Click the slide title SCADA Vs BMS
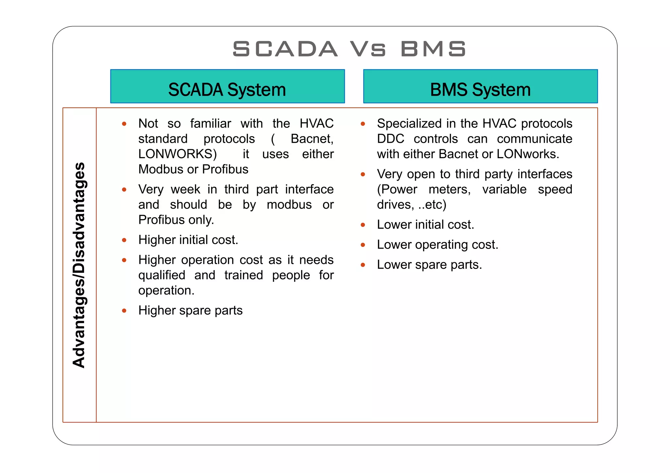(349, 49)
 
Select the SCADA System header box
(227, 87)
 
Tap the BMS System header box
(480, 87)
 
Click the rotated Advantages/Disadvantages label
(79, 265)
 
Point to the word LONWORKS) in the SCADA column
(177, 154)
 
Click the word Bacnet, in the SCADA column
(312, 139)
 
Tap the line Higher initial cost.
(188, 240)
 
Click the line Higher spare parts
(190, 311)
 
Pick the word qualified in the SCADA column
(162, 275)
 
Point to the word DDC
(390, 139)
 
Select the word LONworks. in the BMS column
(528, 154)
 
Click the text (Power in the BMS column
(397, 189)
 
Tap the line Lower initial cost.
(425, 225)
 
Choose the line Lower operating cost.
(437, 245)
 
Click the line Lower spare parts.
(429, 265)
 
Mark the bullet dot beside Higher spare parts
(124, 311)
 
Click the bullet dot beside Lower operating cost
(363, 245)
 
